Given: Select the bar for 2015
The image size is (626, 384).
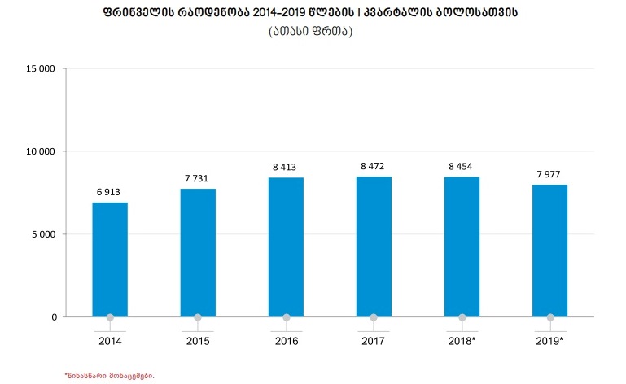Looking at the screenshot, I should click(x=198, y=252).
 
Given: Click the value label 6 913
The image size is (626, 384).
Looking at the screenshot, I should click(x=110, y=192).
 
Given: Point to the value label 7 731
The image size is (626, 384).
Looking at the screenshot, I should click(x=198, y=178).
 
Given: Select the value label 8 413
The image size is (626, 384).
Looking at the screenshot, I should click(x=286, y=167).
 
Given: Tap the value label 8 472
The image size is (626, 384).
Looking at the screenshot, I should click(x=374, y=166).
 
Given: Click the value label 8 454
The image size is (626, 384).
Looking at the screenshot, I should click(x=462, y=166).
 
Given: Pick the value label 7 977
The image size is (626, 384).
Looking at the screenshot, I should click(x=550, y=174).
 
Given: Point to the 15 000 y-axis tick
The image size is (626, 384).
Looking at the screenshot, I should click(x=41, y=69).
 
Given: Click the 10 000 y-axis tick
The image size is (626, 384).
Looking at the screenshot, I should click(x=41, y=151).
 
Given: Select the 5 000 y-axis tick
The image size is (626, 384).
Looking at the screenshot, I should click(x=43, y=234).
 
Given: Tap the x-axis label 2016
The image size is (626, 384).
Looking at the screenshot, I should click(x=286, y=341).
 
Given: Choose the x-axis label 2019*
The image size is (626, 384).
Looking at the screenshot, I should click(x=550, y=341).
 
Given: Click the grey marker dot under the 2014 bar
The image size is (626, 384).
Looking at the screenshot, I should click(x=110, y=317).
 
